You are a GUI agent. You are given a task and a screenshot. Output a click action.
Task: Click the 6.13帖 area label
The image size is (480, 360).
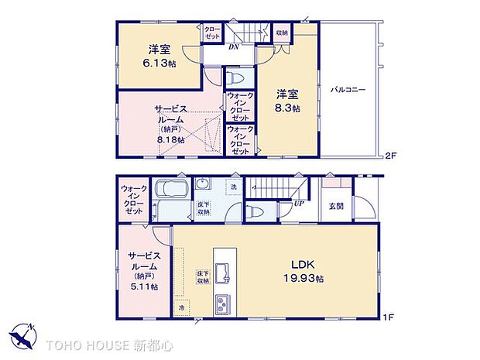pos(160,63)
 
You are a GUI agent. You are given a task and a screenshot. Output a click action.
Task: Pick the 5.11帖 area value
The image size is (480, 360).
pos(144,286)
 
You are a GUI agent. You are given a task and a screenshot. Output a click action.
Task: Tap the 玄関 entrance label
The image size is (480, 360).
pos(336,206)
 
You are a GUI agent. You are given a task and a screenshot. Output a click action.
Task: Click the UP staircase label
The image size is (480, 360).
pos(297,204)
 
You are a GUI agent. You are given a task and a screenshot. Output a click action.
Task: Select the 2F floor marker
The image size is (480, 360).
pos(391,156)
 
